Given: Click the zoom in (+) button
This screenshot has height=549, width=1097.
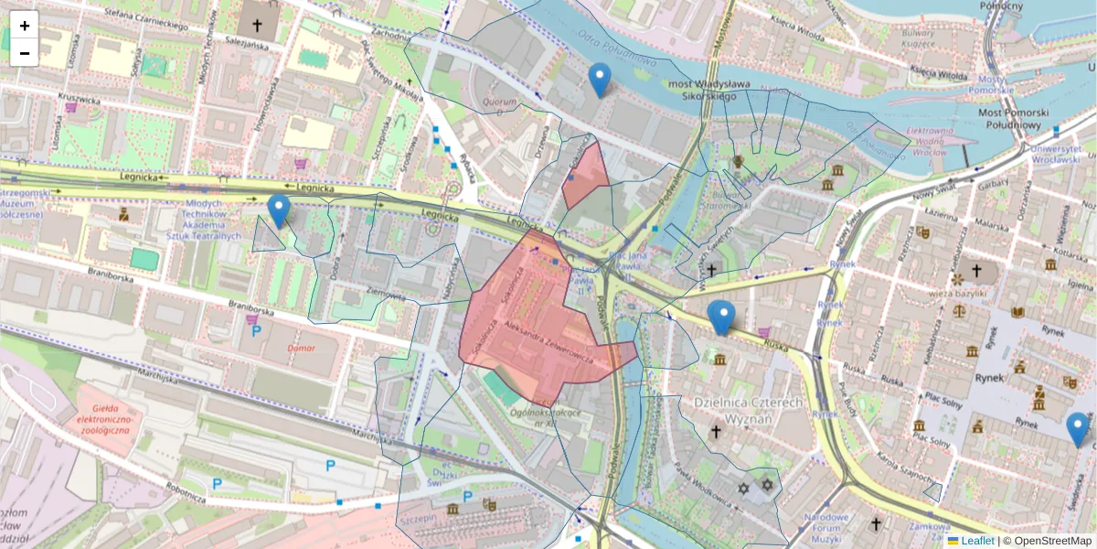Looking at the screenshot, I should tap(25, 26).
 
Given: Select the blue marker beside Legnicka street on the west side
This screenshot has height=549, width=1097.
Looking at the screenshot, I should tap(279, 210).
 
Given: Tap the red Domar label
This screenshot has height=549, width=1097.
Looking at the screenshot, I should tap(301, 348).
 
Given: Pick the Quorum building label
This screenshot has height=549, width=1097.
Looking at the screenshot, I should tap(500, 102).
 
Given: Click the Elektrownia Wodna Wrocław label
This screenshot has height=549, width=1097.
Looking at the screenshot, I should tap(935, 143).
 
